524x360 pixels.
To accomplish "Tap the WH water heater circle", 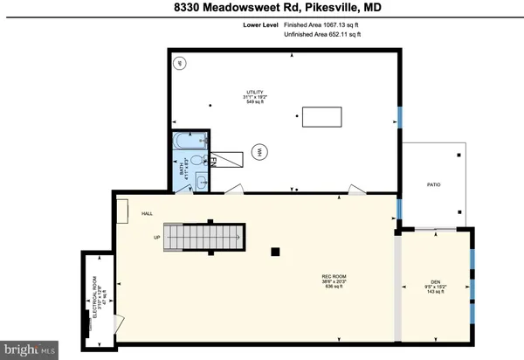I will (x=259, y=152).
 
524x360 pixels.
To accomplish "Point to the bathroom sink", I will (x=202, y=181).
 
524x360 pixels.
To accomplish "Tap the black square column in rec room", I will (x=275, y=252).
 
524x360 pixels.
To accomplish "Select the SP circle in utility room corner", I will (x=182, y=64).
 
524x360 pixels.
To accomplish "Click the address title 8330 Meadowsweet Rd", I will (x=261, y=9).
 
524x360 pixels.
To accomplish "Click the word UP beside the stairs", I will (x=158, y=237).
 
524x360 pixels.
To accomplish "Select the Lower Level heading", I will (x=259, y=25).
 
